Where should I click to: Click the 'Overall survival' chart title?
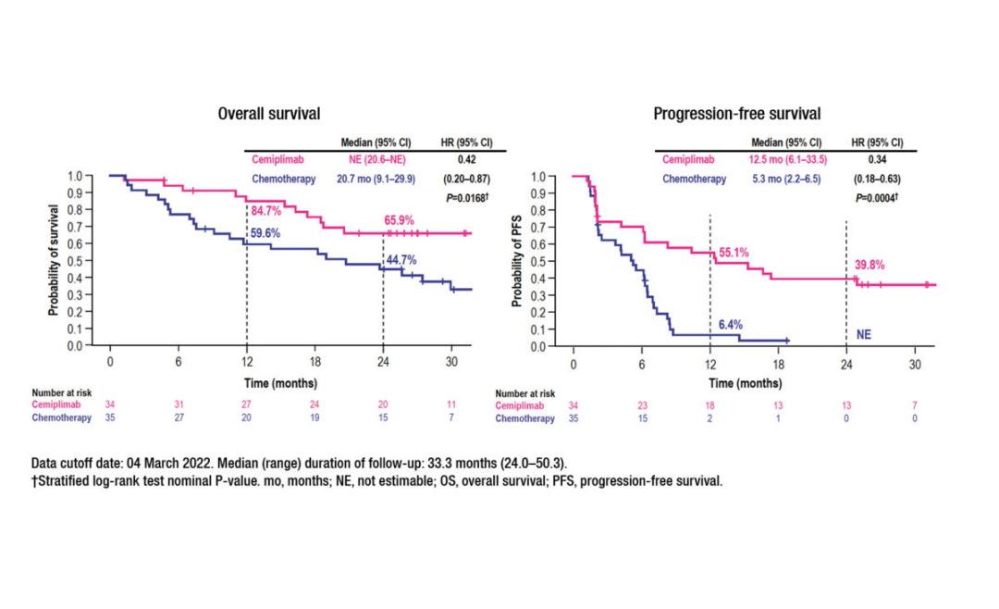tap(269, 114)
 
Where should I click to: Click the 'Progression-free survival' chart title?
tap(736, 114)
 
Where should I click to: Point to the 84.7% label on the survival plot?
tap(266, 212)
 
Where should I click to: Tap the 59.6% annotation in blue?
tap(265, 233)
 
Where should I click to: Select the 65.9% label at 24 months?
tap(400, 221)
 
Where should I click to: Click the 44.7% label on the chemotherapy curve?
tap(402, 259)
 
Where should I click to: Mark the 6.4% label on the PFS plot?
tap(731, 325)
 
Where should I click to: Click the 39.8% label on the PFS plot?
tap(869, 265)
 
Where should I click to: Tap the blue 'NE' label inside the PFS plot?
tap(864, 335)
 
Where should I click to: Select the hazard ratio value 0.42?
tap(466, 160)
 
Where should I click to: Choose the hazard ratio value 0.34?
tap(878, 160)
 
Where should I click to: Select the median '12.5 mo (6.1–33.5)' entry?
tap(788, 160)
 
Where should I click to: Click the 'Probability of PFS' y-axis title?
tap(518, 261)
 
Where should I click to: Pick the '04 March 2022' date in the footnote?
tap(179, 462)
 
